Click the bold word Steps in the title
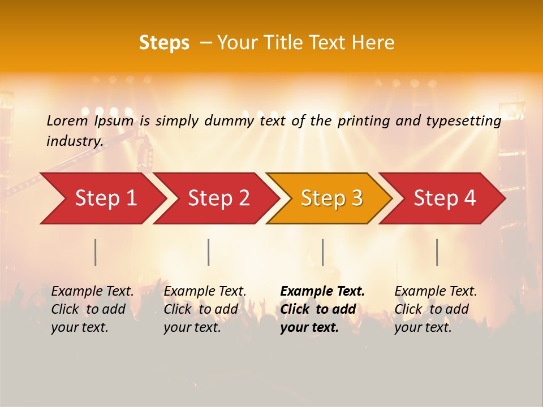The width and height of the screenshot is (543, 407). point(164,42)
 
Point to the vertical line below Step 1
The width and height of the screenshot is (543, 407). point(96,252)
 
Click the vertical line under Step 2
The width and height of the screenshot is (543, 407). point(209,252)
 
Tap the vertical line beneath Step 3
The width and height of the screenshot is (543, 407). point(322,252)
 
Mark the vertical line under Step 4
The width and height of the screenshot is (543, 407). point(437,252)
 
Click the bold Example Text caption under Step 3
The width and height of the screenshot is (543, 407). point(322,309)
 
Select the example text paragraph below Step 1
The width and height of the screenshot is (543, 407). point(92,309)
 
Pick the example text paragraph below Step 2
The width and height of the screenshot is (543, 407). point(205,309)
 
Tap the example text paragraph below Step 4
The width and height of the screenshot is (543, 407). point(436,309)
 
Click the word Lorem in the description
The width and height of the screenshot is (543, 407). point(67,120)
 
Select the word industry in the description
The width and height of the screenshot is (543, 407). point(74,141)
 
